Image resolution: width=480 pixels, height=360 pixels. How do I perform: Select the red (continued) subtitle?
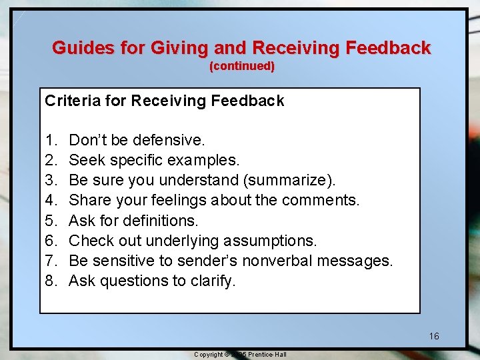coord(242,66)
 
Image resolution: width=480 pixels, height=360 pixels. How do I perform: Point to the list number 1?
coord(51,140)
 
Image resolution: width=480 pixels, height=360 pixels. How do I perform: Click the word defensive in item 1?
coord(169,140)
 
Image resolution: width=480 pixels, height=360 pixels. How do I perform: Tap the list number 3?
coord(51,180)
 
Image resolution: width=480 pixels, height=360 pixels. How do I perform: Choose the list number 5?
coord(51,220)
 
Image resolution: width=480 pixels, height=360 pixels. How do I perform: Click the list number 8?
coord(51,280)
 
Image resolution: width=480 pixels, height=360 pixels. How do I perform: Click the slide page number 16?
coord(434,336)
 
